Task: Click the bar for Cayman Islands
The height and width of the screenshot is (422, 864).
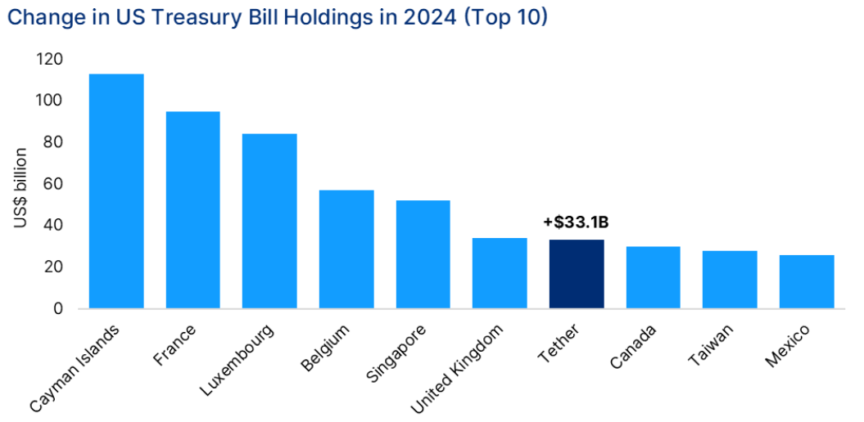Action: pos(116,191)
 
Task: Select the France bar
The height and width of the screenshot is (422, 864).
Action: pos(192,210)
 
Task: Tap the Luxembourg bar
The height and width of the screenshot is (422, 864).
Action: pos(269,221)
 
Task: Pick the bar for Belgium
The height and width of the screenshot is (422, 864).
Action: pos(346,249)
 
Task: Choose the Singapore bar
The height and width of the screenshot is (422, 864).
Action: pos(423,254)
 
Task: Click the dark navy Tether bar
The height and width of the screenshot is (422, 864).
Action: pos(577,274)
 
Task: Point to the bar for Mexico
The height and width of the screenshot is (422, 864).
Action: pos(807,282)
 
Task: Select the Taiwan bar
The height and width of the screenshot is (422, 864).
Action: pos(730,280)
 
